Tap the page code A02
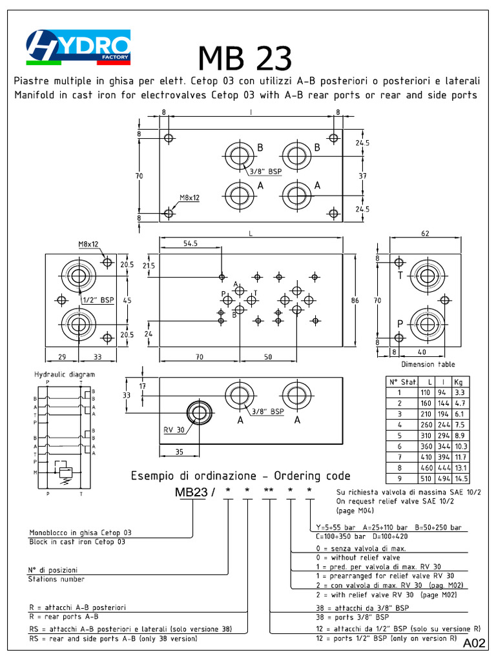click(x=473, y=644)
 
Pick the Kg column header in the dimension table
click(x=459, y=381)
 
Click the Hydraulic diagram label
click(x=64, y=374)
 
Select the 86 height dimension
click(x=355, y=300)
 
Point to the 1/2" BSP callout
click(x=98, y=300)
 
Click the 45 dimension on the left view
click(x=128, y=300)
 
